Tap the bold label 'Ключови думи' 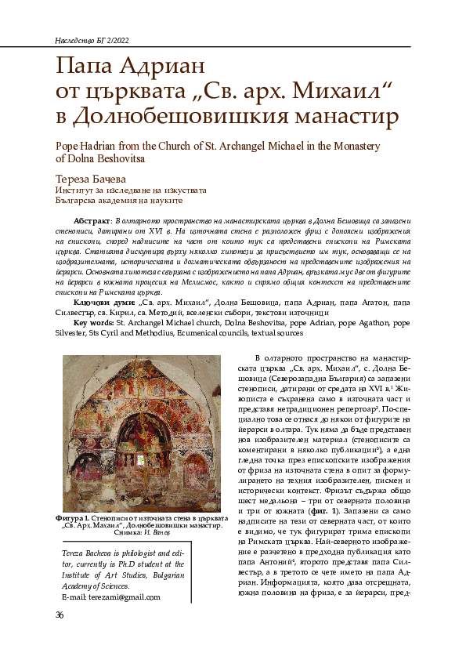click(103, 301)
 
